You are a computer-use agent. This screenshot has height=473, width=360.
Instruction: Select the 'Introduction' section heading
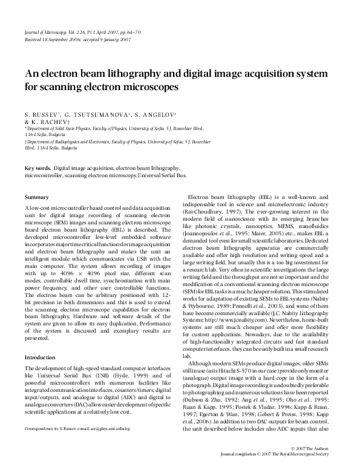(x=39, y=357)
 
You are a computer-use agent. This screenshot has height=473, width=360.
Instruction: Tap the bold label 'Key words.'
(x=38, y=168)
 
